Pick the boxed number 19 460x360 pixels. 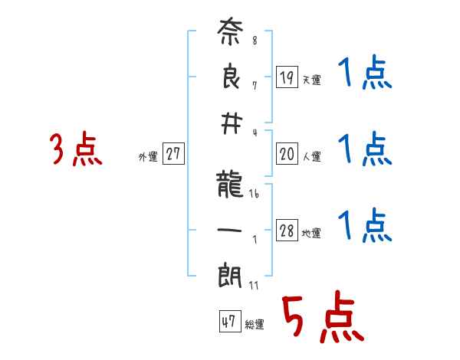tap(287, 77)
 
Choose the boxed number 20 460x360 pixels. tap(287, 155)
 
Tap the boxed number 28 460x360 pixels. tap(287, 231)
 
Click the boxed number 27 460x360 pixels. tap(173, 155)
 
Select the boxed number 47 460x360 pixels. tap(228, 322)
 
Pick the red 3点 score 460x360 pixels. tap(75, 150)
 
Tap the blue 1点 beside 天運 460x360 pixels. tap(364, 74)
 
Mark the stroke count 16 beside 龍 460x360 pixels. tap(254, 195)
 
